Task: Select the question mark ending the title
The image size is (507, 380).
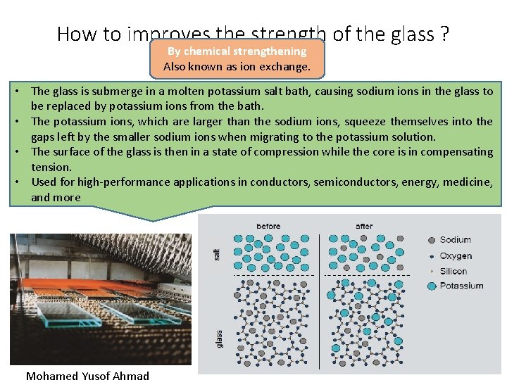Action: (x=444, y=34)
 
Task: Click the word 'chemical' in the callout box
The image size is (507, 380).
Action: (x=211, y=51)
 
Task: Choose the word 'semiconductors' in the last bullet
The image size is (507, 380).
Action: (x=355, y=182)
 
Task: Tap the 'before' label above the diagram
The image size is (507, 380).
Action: (x=268, y=226)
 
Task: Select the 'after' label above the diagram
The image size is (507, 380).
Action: (x=365, y=226)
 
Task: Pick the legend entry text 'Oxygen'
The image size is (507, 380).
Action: (x=456, y=255)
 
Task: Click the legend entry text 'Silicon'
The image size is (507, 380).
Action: (x=453, y=271)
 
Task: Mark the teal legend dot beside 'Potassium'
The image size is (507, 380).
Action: (x=431, y=286)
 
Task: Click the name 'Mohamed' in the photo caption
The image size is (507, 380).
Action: (x=51, y=376)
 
